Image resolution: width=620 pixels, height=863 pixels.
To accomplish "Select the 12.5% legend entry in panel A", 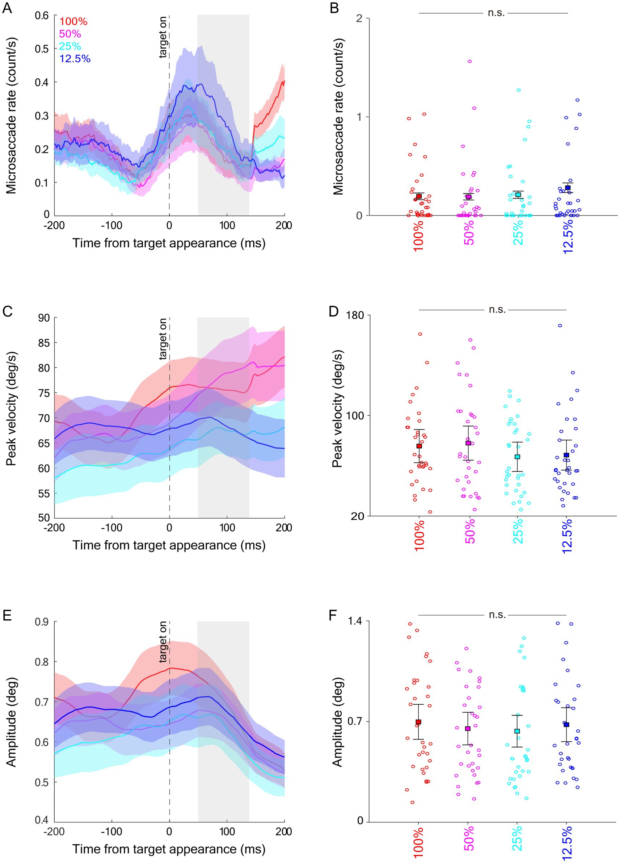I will point(75,59).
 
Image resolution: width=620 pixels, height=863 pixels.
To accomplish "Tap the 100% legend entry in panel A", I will point(73,21).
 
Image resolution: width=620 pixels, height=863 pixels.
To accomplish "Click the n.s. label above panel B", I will point(496,13).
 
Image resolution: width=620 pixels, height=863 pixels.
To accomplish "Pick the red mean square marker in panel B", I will point(419,196).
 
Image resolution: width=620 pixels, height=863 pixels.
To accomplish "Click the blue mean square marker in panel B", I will point(568,188).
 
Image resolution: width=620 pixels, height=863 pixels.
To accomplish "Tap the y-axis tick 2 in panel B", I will point(359,18).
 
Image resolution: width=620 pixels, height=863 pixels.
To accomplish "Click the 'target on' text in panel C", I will point(163,339).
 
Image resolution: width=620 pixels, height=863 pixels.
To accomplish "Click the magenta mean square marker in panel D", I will point(468,443).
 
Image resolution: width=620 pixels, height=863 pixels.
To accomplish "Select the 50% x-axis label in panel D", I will point(470,532).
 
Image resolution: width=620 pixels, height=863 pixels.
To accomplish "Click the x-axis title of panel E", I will point(169,849).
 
